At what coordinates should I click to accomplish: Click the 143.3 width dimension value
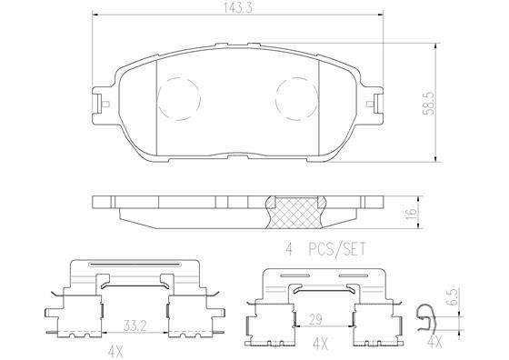tap(237, 8)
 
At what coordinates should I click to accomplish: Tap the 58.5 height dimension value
tap(428, 104)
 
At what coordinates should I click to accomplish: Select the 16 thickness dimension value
tap(411, 214)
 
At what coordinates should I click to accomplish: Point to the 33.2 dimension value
tap(135, 325)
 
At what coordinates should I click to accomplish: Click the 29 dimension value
tap(315, 319)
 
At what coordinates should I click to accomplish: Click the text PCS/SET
tap(336, 249)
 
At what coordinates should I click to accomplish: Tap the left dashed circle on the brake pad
tap(179, 99)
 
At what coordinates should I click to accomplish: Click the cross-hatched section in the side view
tap(294, 213)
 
